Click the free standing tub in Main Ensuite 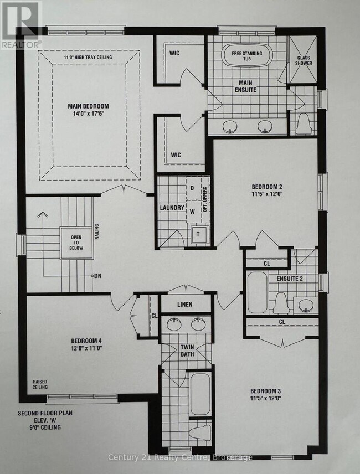pyautogui.click(x=247, y=56)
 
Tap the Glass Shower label pyautogui.click(x=304, y=60)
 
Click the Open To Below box pyautogui.click(x=76, y=243)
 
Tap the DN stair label pyautogui.click(x=97, y=276)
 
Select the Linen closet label pyautogui.click(x=185, y=305)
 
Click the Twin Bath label pyautogui.click(x=187, y=351)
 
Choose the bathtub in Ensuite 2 pyautogui.click(x=257, y=292)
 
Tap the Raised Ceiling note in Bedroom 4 pyautogui.click(x=40, y=384)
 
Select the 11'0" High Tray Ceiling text pyautogui.click(x=88, y=57)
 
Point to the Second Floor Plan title pyautogui.click(x=45, y=413)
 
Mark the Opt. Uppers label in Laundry pyautogui.click(x=205, y=200)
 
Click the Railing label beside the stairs pyautogui.click(x=97, y=232)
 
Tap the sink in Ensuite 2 pyautogui.click(x=306, y=305)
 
